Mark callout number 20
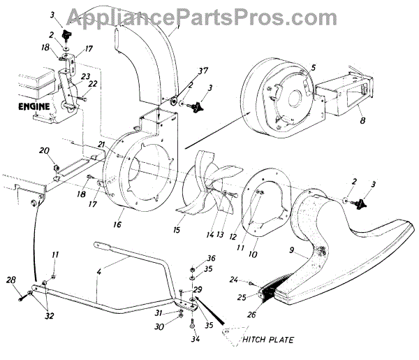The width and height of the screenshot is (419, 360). pyautogui.click(x=43, y=150)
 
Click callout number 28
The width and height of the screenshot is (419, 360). pyautogui.click(x=10, y=280)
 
